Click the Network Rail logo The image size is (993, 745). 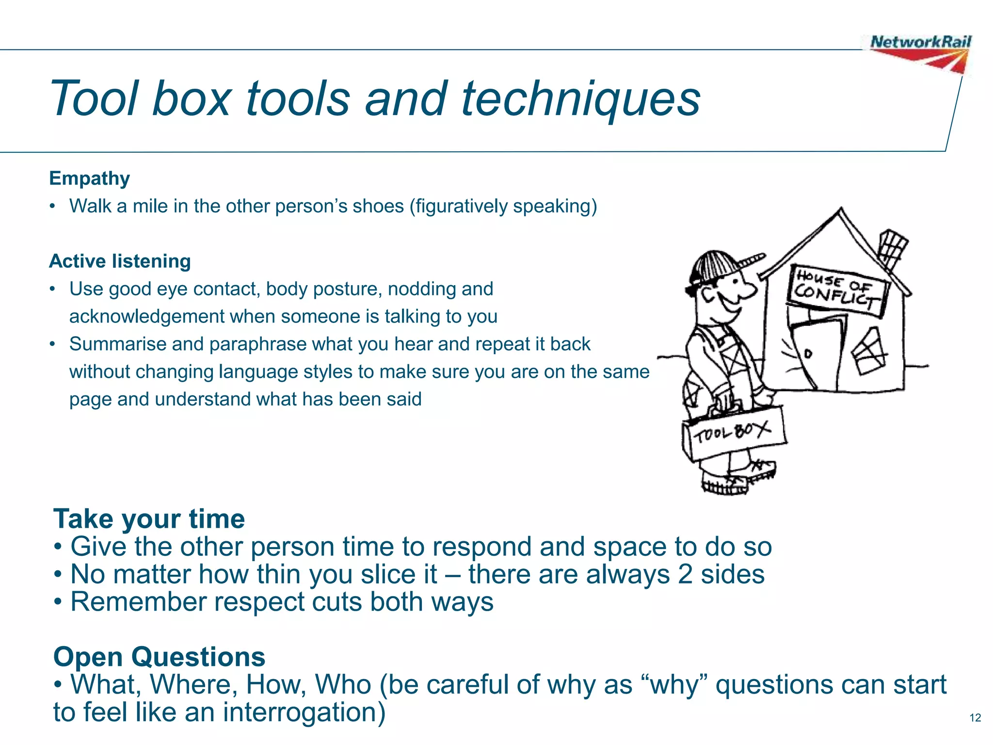click(x=920, y=52)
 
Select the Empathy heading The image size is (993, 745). click(x=90, y=178)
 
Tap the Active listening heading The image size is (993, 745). click(x=120, y=261)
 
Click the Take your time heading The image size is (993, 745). click(x=149, y=518)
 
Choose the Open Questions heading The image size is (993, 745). click(x=159, y=657)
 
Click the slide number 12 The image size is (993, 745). click(x=975, y=717)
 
